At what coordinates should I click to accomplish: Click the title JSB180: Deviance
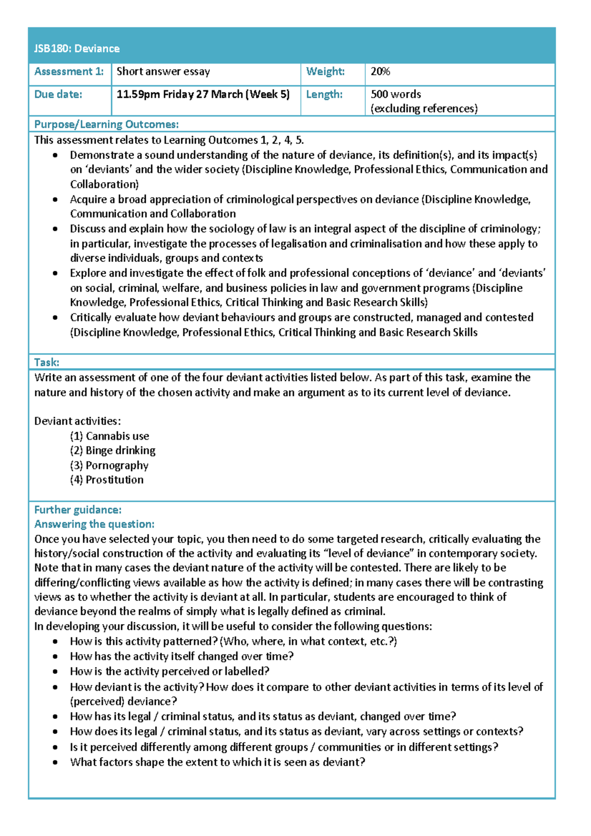point(77,48)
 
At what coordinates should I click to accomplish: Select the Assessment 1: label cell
point(69,71)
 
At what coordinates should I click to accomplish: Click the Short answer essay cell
point(163,71)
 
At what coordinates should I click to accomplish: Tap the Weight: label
point(325,71)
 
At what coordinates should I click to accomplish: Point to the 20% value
point(380,71)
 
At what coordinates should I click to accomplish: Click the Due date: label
point(58,94)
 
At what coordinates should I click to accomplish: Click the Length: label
point(324,94)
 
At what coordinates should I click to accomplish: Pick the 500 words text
point(395,94)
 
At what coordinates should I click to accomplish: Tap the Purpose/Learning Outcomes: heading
point(106,124)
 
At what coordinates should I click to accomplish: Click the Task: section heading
point(47,362)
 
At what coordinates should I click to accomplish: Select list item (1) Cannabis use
point(109,436)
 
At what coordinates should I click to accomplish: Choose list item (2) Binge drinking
point(112,450)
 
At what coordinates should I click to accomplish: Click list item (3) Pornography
point(109,465)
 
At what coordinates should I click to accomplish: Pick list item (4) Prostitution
point(106,480)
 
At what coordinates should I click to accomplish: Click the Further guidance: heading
point(78,510)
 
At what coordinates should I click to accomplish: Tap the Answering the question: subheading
point(94,524)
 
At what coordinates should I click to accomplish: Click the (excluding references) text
point(424,108)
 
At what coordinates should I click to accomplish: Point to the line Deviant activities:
point(77,421)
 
